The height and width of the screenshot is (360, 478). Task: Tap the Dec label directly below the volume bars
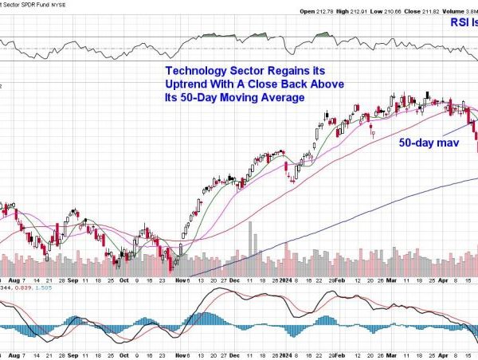pyautogui.click(x=235, y=280)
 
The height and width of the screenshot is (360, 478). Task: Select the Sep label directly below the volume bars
pyautogui.click(x=72, y=280)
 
